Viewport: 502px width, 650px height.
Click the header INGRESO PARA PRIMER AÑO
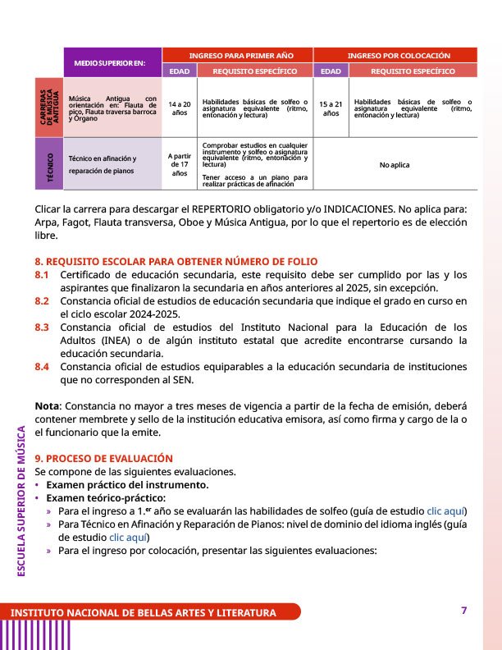pyautogui.click(x=237, y=55)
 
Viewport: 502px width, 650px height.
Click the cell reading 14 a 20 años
pyautogui.click(x=179, y=108)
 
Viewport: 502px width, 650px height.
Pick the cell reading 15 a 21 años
pyautogui.click(x=331, y=108)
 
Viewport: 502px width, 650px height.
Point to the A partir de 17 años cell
pyautogui.click(x=179, y=164)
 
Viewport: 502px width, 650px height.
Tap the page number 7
pyautogui.click(x=463, y=610)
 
